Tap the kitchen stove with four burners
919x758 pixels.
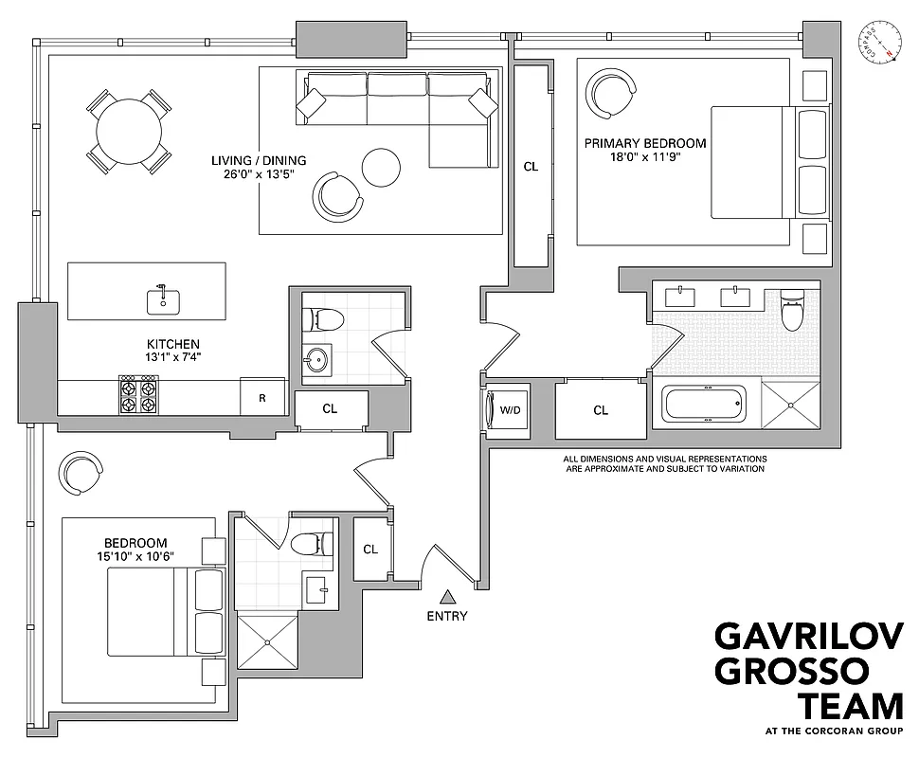137,395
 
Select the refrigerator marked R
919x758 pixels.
261,398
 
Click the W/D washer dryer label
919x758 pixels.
511,410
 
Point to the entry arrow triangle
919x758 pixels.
447,596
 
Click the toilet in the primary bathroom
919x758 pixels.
791,310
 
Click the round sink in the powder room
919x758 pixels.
316,360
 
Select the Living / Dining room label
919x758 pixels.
259,160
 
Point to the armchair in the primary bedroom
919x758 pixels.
611,94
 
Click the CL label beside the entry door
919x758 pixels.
370,550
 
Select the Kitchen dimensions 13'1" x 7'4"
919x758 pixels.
172,357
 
